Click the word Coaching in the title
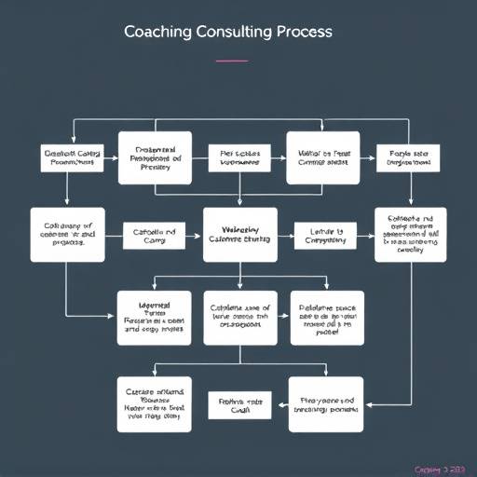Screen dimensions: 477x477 coord(158,32)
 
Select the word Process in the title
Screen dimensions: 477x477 coord(302,32)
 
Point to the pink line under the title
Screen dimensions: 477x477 coord(232,61)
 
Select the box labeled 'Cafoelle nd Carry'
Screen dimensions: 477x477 coord(149,235)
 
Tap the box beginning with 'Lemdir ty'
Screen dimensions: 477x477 coord(325,235)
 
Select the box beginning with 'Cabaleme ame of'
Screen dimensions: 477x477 coord(240,318)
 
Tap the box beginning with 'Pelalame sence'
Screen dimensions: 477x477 coord(324,318)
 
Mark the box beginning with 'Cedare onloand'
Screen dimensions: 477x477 coord(155,404)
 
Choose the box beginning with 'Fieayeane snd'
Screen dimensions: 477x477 coord(324,404)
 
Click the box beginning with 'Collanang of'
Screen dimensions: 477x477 coord(64,233)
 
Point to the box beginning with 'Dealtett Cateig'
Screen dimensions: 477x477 coord(71,157)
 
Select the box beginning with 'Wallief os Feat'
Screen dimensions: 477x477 coord(322,154)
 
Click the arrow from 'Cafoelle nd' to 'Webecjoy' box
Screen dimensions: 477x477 coord(192,235)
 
